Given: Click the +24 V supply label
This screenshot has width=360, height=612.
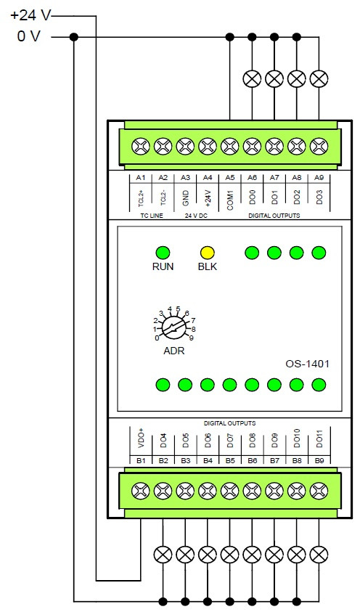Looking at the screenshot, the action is tap(30, 15).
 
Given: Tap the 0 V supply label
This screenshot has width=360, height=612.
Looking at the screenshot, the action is tap(28, 36).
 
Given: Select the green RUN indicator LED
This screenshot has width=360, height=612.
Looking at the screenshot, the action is tap(163, 253).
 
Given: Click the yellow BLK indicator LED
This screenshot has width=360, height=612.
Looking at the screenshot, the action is tap(207, 253).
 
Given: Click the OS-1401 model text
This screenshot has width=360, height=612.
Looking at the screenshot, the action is tap(307, 364).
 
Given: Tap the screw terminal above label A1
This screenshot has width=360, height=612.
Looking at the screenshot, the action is tap(141, 147).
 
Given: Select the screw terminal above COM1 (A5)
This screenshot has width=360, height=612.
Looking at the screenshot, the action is tap(230, 147).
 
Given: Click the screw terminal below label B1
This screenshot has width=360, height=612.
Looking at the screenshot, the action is tap(141, 491).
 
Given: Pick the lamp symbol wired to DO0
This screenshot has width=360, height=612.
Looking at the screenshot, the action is tap(252, 79).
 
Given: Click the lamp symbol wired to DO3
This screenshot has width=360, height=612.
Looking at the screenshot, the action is tap(319, 79).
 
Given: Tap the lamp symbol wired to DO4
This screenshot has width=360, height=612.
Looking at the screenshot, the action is tap(163, 554).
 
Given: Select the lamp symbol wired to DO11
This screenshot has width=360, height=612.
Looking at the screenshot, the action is tap(319, 554).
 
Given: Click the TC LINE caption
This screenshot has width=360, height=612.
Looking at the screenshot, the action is tap(152, 216).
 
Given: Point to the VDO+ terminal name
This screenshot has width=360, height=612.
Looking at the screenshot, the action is tap(141, 438).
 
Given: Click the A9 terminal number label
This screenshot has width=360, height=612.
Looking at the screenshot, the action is tap(319, 178).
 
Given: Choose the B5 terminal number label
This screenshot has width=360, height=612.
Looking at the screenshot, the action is tap(230, 460).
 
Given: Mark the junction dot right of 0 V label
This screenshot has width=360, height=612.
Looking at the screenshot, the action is tap(74, 37).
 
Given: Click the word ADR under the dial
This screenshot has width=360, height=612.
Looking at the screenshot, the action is tap(174, 351).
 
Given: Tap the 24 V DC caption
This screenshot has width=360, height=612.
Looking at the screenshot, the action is tap(196, 216).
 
